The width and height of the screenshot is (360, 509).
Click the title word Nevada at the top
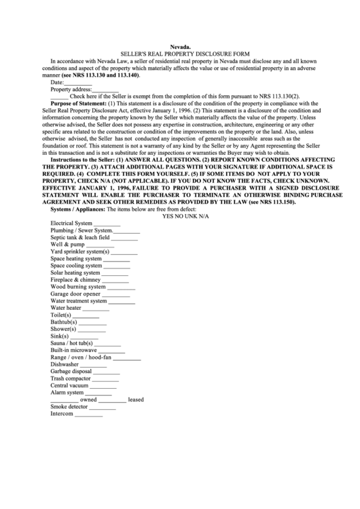coord(179,46)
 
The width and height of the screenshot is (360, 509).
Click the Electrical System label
coord(71,223)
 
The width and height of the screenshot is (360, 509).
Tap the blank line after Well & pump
coord(91,245)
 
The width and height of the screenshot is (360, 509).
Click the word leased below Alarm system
coord(136,400)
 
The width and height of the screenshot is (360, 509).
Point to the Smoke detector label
coord(69,406)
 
